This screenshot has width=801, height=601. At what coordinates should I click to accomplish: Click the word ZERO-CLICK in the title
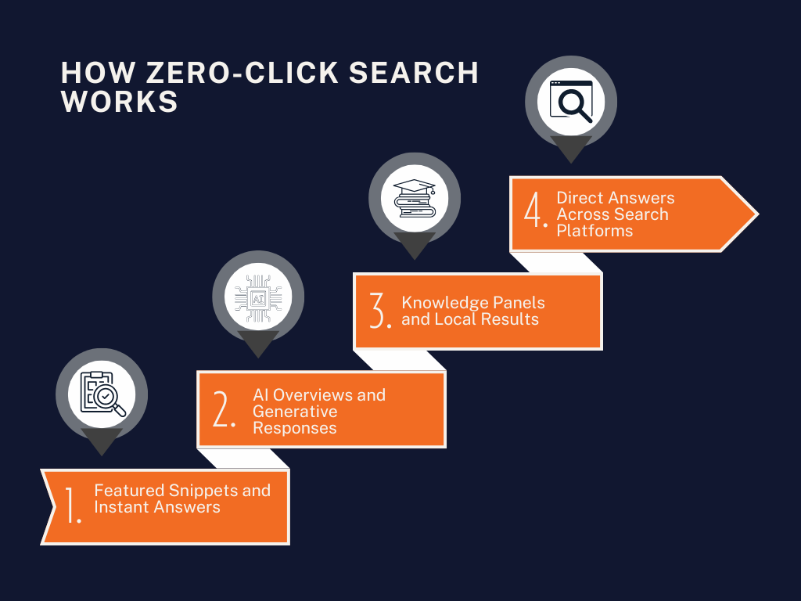click(242, 73)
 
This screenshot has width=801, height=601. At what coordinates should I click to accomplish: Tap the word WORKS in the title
click(120, 101)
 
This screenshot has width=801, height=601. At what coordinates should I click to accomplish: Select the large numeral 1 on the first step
click(71, 505)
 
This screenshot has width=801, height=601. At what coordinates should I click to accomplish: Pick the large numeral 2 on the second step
click(223, 408)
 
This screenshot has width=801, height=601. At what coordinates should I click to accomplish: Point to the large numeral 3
click(380, 310)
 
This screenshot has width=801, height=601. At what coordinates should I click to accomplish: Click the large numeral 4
click(535, 209)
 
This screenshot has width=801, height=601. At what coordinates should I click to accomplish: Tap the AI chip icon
click(258, 298)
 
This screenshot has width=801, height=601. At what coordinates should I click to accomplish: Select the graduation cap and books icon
click(415, 198)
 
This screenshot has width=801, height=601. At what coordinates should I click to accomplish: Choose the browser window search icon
click(571, 101)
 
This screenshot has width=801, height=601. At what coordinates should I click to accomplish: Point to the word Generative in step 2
click(295, 412)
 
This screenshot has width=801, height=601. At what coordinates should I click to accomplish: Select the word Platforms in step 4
click(594, 231)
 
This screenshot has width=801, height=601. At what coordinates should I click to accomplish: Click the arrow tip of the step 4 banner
click(757, 214)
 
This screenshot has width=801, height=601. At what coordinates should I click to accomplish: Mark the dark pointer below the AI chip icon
click(258, 344)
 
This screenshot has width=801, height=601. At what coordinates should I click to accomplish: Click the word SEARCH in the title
click(414, 73)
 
